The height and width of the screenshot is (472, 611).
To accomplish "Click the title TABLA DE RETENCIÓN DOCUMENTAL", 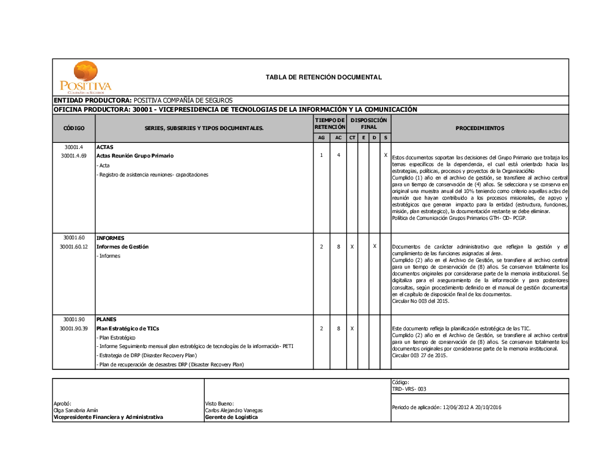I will point(324,78).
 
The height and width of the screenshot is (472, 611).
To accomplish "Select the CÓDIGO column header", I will point(74,129).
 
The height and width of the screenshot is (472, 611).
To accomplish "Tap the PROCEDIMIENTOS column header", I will point(480,129).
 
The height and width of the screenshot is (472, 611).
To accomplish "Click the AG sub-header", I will point(321,138).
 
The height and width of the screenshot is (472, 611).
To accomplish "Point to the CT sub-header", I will point(353,138).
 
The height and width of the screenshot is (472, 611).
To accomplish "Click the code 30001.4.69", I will point(74,156).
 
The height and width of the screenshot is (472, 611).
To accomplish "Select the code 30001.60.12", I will point(74,247).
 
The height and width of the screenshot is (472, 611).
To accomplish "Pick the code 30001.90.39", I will point(74,329).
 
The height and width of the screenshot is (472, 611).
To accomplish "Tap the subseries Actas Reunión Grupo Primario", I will point(135,156).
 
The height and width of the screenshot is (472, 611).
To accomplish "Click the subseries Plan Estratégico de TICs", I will point(128,329).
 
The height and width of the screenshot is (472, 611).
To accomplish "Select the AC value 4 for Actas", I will point(338,156).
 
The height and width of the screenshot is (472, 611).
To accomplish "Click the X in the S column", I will point(386,156).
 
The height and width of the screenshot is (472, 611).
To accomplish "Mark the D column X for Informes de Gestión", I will point(375,246).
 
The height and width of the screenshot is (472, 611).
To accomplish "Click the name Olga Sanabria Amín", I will point(76,410).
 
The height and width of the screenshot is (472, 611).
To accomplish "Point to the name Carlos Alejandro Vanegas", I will point(233,410).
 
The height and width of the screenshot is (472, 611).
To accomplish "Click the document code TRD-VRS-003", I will point(409,389).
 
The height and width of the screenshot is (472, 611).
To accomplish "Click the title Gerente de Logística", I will point(232,417).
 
